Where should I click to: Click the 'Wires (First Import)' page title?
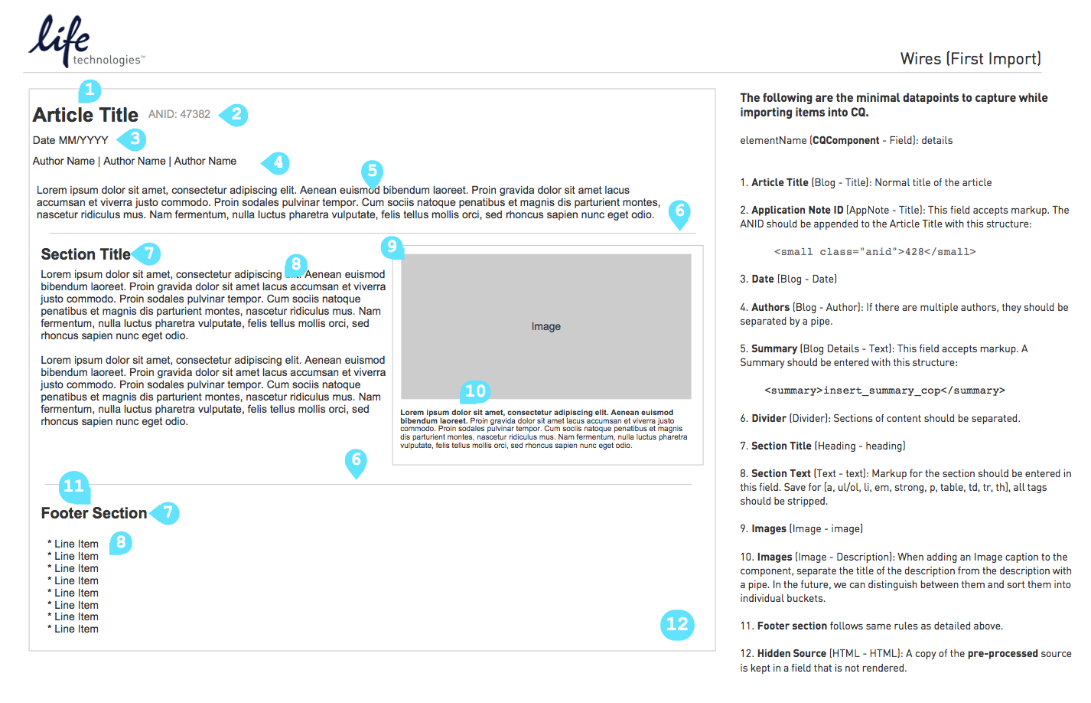pos(970,59)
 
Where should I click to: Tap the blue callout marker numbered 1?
pos(90,90)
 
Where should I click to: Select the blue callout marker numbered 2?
pos(236,115)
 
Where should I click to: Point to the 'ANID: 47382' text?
pos(179,114)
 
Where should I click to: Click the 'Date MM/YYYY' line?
pos(70,140)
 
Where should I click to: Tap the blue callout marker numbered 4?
pos(278,162)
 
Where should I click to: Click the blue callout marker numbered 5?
pos(372,171)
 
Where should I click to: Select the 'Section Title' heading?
pos(86,254)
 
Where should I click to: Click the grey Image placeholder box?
pos(546,326)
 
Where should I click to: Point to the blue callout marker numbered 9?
pos(392,247)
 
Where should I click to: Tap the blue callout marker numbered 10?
pos(475,391)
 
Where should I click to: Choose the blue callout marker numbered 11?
pos(73,486)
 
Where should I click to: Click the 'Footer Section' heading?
pos(94,513)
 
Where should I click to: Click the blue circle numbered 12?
pos(677,624)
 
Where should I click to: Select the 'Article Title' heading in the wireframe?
pos(86,115)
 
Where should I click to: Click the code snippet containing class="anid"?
pos(874,251)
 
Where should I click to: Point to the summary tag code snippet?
pos(884,391)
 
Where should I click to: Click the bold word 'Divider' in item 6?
pos(768,418)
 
